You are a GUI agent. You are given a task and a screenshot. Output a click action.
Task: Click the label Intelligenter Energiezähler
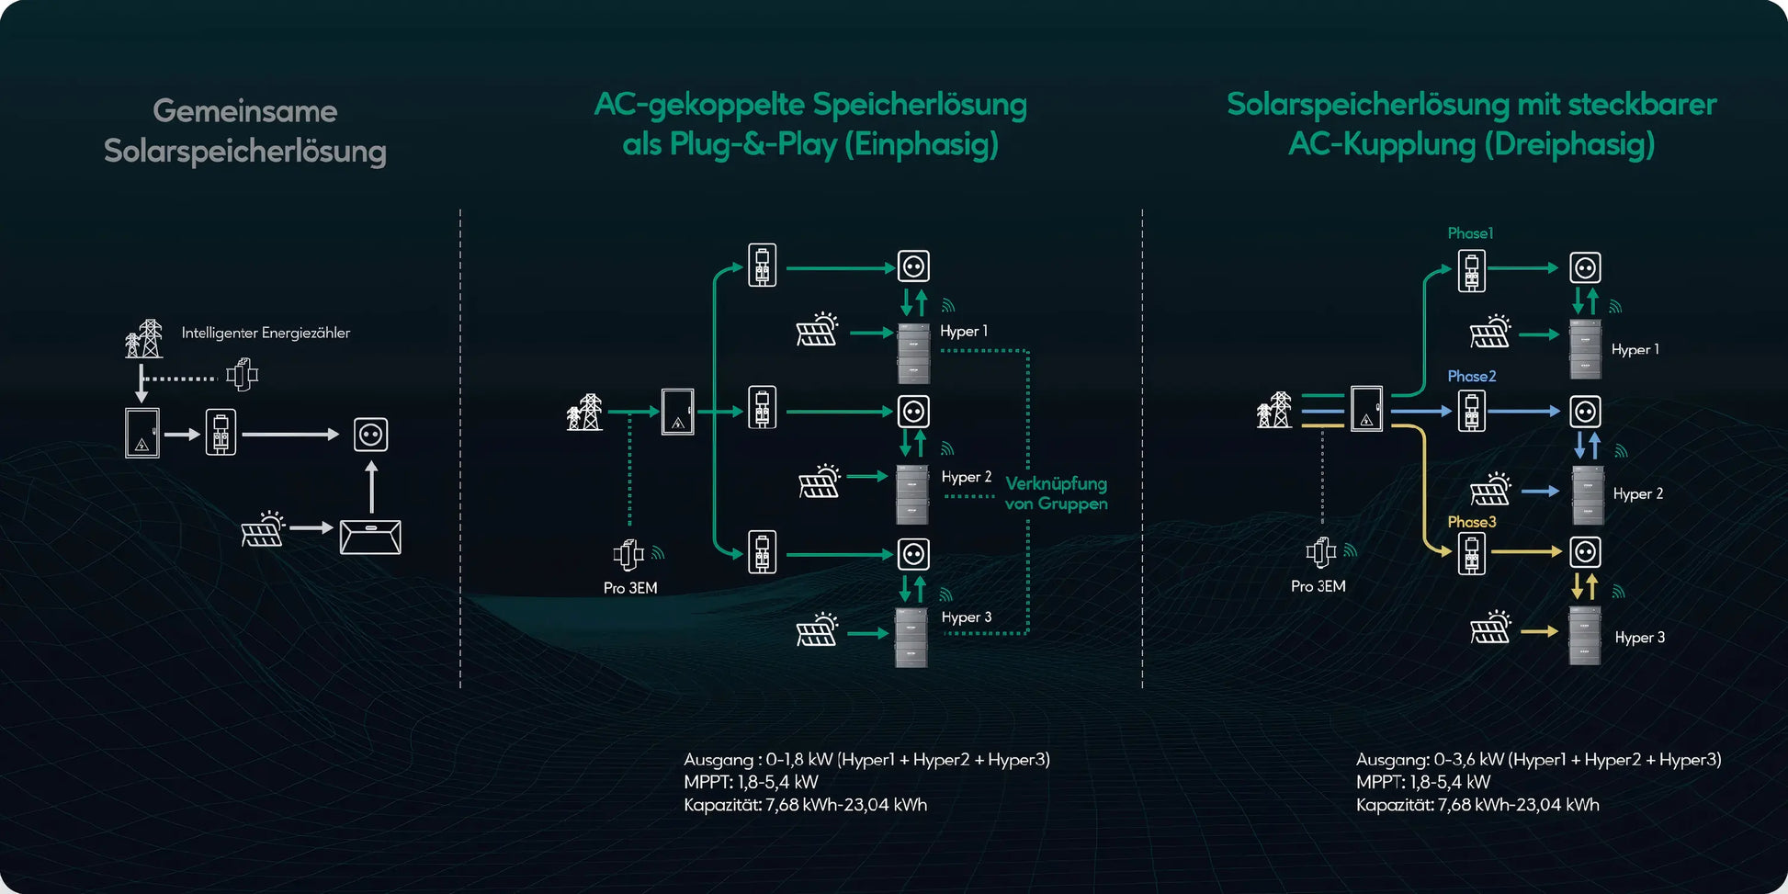[266, 333]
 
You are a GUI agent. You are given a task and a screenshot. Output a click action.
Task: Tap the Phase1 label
[1470, 233]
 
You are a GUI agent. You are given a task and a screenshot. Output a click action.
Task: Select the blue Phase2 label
[1471, 376]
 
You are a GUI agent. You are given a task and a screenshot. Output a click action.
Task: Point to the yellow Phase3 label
[1471, 522]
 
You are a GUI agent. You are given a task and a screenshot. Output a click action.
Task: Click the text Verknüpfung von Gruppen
[1056, 493]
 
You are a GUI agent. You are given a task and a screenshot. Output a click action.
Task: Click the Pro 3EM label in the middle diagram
[630, 588]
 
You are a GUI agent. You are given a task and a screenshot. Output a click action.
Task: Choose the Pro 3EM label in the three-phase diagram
[1318, 586]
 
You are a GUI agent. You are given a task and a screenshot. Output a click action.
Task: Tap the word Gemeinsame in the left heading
[245, 111]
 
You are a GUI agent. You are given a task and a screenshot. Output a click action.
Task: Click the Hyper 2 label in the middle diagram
[966, 477]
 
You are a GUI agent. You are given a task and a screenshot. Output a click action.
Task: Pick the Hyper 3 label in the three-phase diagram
[1639, 638]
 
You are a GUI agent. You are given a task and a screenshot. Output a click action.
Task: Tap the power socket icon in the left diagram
[370, 435]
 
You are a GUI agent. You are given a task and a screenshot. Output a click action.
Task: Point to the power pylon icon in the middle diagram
[585, 413]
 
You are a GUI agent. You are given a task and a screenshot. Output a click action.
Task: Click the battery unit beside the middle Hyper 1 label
[913, 353]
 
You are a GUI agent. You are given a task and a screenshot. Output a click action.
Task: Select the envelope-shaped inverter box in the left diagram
[370, 537]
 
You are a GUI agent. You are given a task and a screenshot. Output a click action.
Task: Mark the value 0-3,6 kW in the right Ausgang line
[1468, 760]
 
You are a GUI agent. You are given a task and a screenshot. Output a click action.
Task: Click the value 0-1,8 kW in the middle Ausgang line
[798, 760]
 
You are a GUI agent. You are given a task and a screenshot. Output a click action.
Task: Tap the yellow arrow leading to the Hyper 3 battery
[1539, 631]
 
